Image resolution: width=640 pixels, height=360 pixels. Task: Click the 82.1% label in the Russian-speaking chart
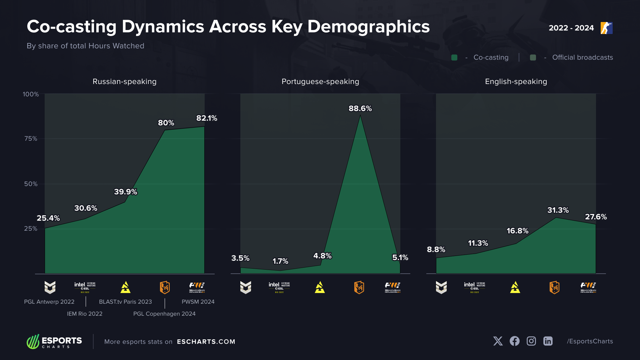[207, 118]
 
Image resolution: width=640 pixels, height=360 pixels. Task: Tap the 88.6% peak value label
[360, 109]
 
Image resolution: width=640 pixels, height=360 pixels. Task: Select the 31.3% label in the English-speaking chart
[558, 210]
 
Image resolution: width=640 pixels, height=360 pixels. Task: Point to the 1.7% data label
[280, 261]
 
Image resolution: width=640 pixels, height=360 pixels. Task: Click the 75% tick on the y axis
[31, 139]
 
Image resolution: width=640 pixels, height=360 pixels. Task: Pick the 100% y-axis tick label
[31, 94]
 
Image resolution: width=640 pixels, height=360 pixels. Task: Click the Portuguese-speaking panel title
[320, 82]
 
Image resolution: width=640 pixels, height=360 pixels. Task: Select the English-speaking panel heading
[516, 82]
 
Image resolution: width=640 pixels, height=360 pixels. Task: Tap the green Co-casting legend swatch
[454, 58]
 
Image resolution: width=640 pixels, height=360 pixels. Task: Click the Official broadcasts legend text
[582, 58]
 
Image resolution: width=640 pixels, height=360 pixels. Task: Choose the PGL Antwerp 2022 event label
[49, 302]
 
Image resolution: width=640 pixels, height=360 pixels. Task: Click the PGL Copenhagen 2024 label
[164, 314]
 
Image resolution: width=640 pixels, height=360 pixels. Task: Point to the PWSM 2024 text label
[198, 302]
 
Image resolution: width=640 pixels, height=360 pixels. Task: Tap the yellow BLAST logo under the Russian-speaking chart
[125, 287]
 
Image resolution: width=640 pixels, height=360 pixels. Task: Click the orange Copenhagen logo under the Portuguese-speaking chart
[359, 287]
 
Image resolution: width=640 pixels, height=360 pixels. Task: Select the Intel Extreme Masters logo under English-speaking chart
[474, 287]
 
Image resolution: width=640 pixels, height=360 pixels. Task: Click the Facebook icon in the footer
[514, 341]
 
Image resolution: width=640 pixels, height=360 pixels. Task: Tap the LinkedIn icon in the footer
[548, 341]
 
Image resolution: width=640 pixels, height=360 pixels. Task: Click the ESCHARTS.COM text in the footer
[206, 342]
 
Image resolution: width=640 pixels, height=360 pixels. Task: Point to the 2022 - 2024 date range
[571, 28]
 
